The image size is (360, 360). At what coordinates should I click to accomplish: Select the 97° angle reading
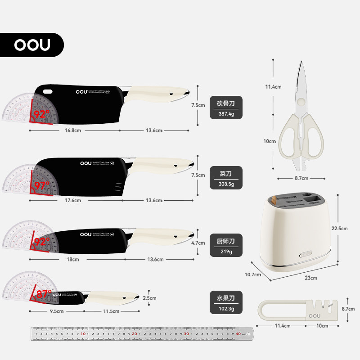41,184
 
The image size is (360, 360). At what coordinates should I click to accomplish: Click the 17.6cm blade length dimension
73,200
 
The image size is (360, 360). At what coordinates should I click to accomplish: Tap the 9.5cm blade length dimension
56,311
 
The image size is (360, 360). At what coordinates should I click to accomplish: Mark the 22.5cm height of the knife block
339,229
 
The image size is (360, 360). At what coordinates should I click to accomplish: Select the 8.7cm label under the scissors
301,178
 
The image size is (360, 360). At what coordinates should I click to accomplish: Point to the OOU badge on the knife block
306,253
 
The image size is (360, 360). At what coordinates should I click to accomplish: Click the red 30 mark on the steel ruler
186,334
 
